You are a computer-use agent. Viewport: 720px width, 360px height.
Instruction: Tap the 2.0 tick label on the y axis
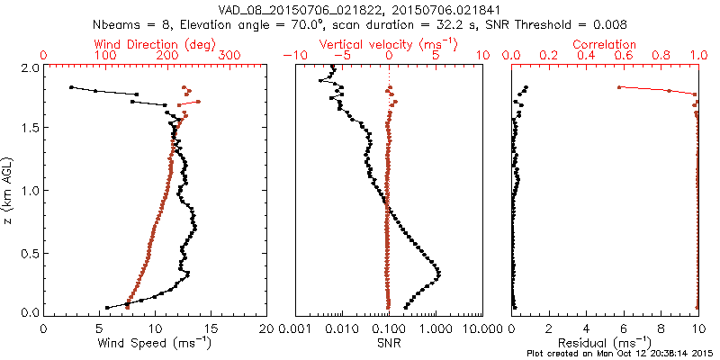pyautogui.click(x=31, y=67)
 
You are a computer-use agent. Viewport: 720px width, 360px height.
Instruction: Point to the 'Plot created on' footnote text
pyautogui.click(x=620, y=353)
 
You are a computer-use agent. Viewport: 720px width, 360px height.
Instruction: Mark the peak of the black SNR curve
pyautogui.click(x=438, y=272)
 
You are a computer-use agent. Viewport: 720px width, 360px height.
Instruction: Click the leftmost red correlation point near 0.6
pyautogui.click(x=619, y=86)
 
